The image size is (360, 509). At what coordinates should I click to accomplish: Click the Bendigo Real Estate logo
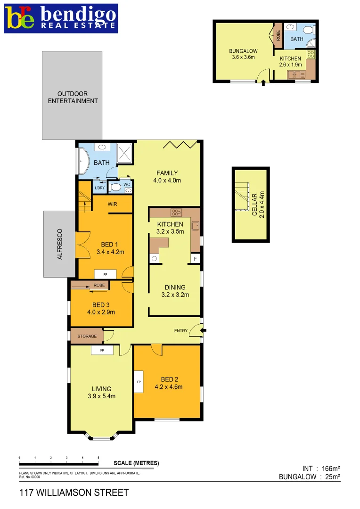pos(61,18)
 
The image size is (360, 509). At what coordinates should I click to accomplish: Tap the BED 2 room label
pos(168,379)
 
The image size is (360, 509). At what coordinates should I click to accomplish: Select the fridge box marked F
pos(195,258)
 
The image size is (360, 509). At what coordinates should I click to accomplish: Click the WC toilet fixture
pos(115,187)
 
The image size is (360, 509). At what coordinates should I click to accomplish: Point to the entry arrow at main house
pos(203,330)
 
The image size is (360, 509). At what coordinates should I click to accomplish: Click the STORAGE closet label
pos(87,336)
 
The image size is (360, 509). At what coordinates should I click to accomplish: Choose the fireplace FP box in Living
pos(102,350)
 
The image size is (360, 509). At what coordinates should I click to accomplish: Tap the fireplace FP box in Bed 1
pos(106,274)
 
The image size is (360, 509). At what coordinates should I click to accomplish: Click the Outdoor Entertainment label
pos(73,97)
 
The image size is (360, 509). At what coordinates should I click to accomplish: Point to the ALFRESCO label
pos(59,244)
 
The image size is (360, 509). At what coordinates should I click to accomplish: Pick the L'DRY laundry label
pos(99,188)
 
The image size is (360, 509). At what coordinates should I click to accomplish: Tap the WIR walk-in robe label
pos(112,204)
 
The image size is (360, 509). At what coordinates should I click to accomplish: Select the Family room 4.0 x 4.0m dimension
pos(167,180)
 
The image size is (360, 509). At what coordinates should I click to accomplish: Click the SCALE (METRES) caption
pos(136,463)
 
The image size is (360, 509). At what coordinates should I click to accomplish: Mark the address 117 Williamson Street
pos(74,493)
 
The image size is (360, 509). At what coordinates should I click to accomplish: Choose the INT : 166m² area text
pos(321,468)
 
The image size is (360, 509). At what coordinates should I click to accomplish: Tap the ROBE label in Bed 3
pos(99,285)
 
